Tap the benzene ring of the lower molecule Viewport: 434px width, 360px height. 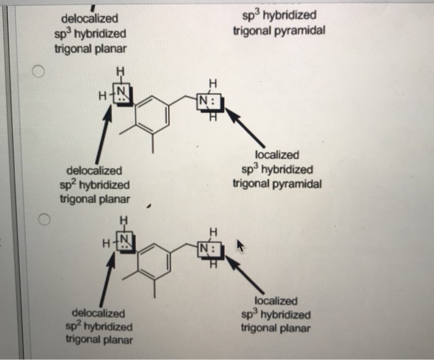(x=154, y=261)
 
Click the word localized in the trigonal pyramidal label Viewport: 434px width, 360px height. (x=276, y=155)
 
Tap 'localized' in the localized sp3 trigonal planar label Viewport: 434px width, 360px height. (x=276, y=300)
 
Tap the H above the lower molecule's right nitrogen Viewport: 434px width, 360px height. (x=213, y=232)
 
